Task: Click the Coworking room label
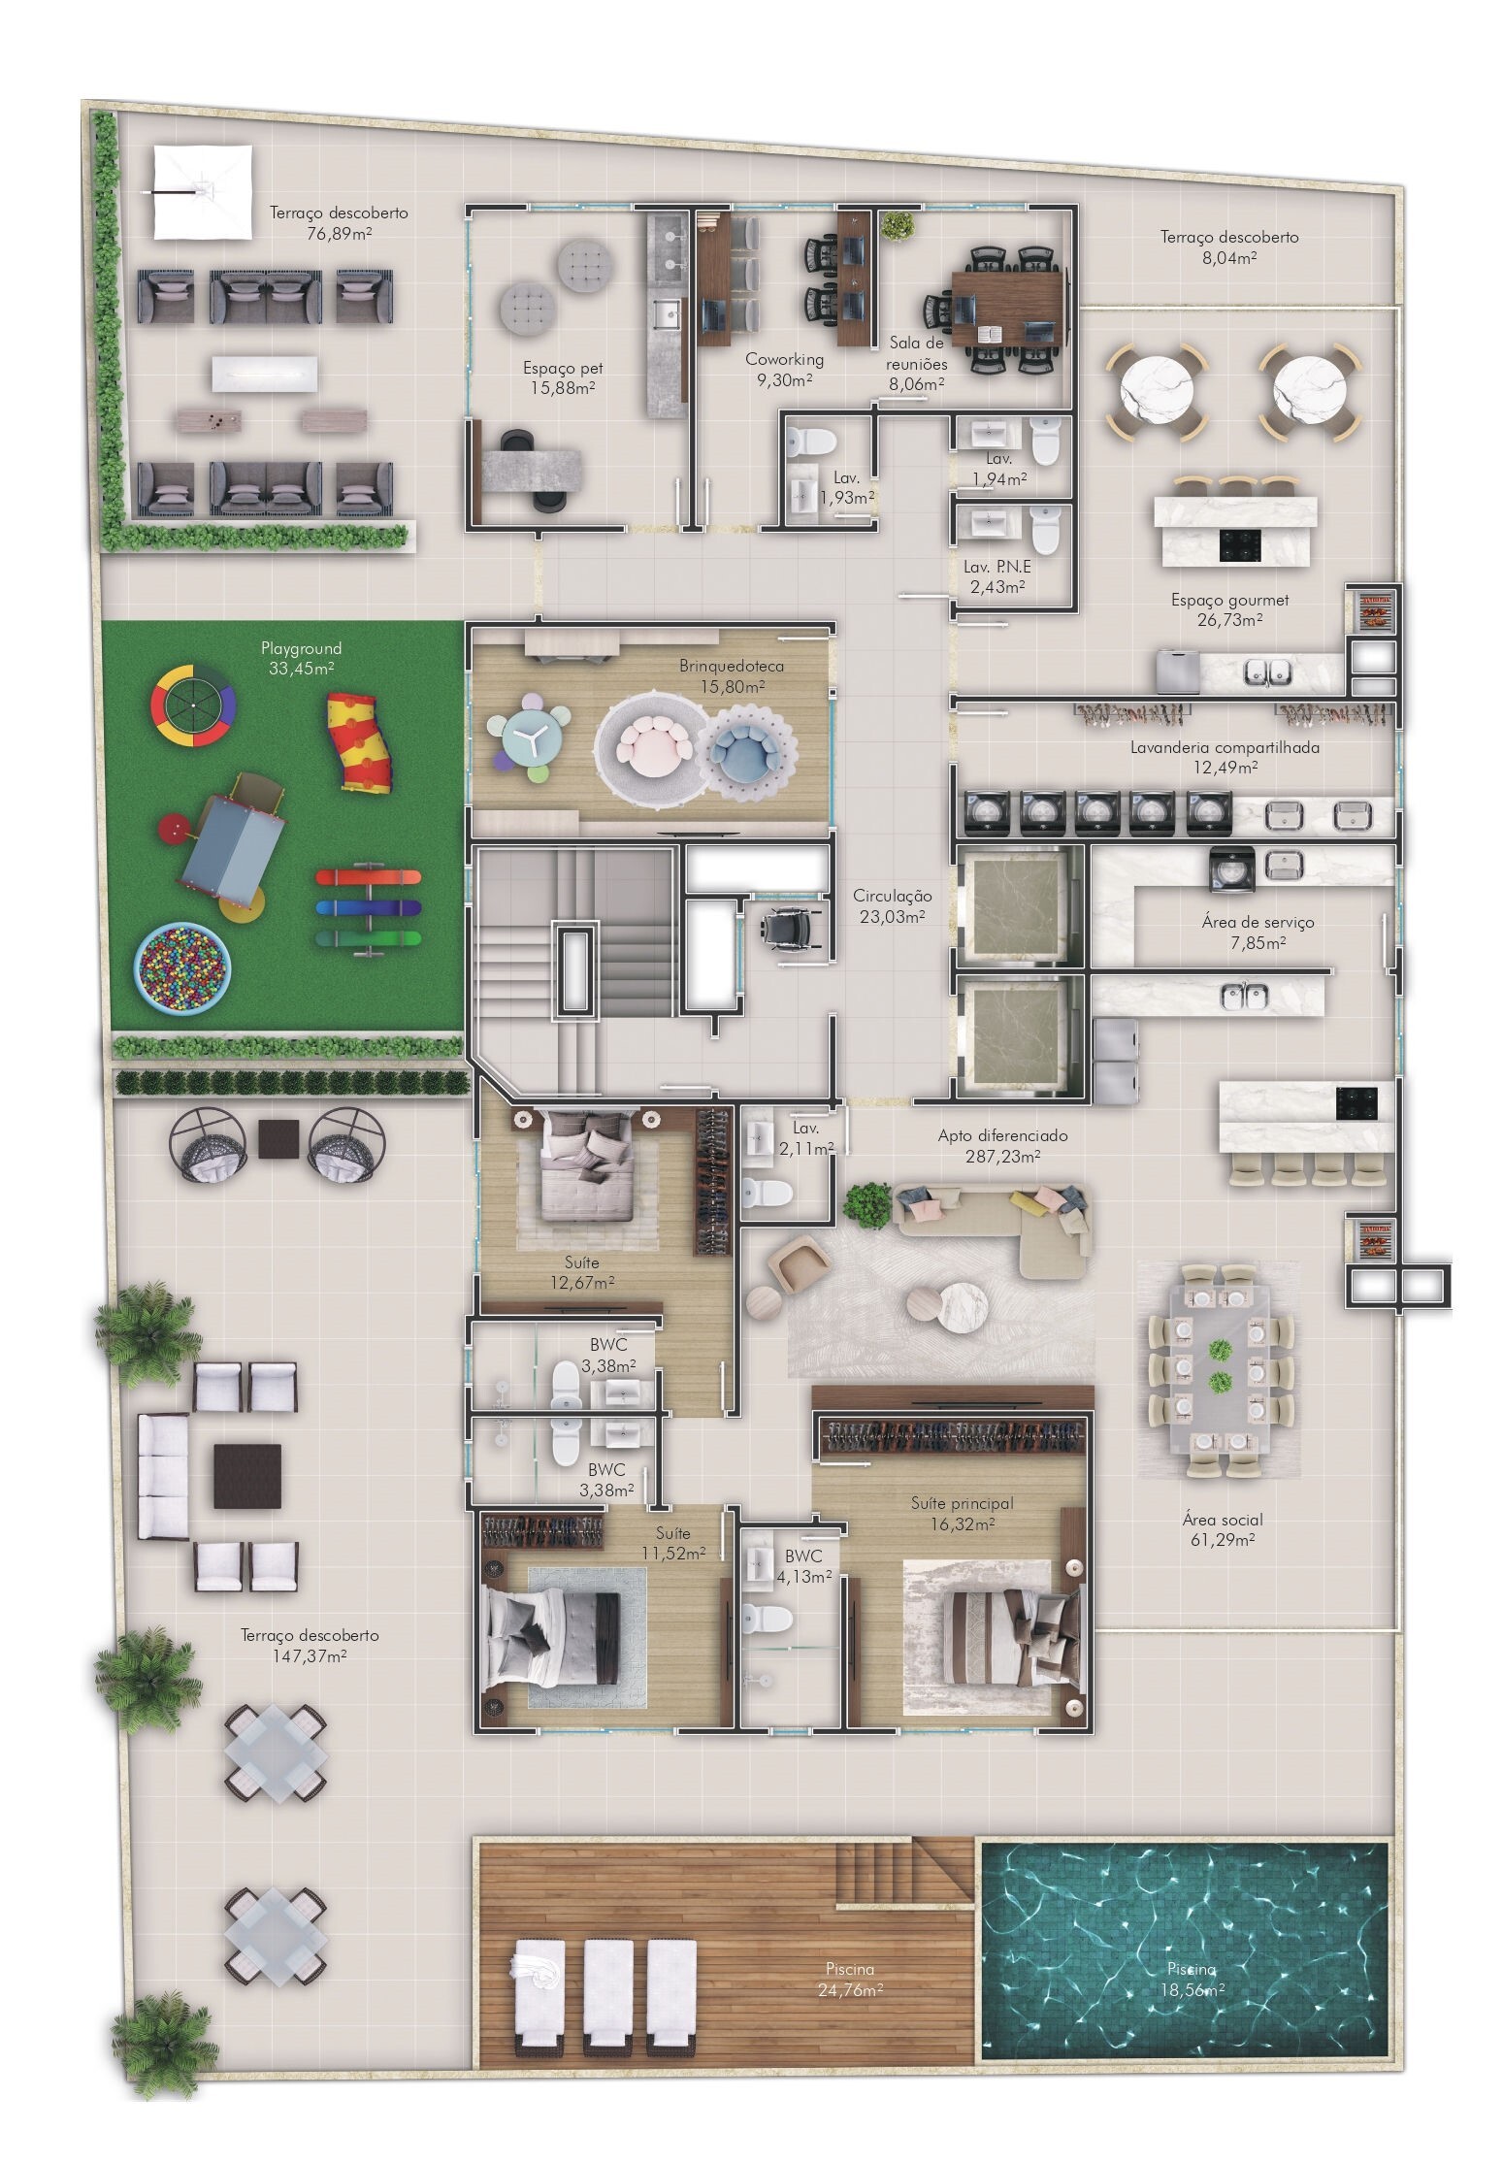coord(784,369)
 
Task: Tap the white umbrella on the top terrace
coord(203,192)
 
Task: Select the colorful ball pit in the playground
coord(182,966)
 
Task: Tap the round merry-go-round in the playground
coord(191,704)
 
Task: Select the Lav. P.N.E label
coord(997,576)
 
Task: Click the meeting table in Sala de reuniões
coord(1009,309)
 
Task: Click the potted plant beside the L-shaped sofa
coord(866,1201)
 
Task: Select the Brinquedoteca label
coord(731,675)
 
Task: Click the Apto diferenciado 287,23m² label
coord(989,1144)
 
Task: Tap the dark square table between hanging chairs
coord(278,1139)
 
